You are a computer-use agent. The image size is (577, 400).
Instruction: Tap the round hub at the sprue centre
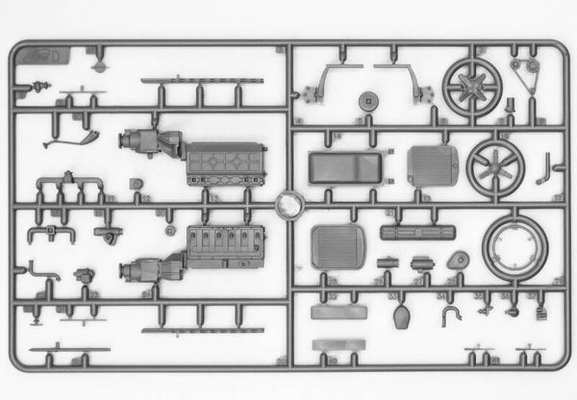(x=289, y=204)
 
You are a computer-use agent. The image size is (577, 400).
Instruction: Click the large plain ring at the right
(x=514, y=246)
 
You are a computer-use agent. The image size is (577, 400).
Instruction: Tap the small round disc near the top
(x=367, y=99)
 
